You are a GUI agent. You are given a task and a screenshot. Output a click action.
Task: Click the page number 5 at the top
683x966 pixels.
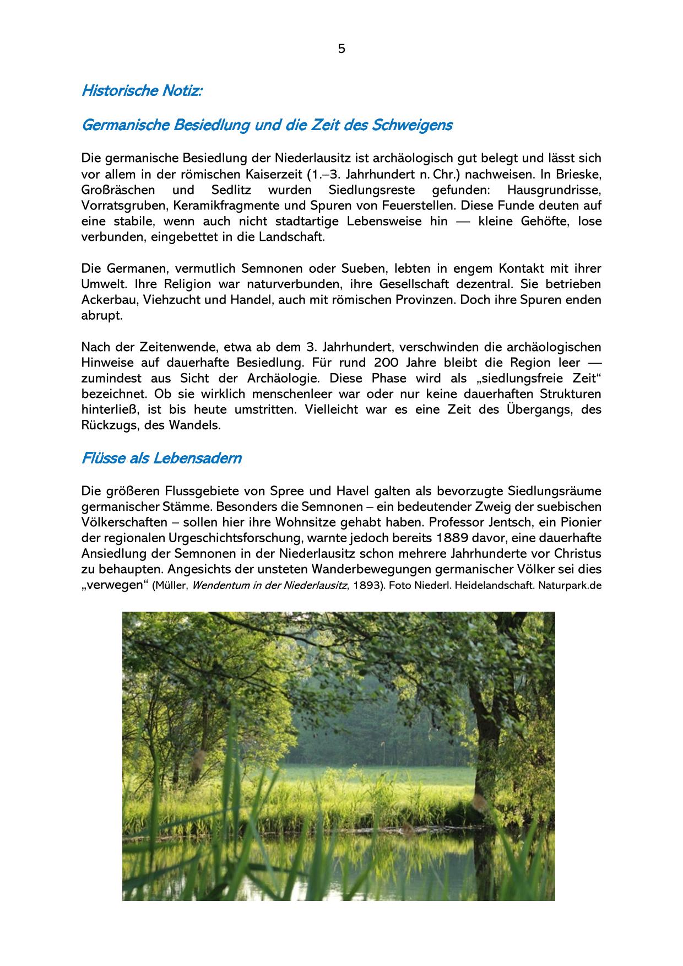click(341, 49)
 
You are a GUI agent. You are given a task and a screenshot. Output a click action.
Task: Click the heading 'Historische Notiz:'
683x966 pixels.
click(142, 91)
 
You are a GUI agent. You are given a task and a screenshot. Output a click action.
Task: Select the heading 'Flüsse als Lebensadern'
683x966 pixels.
click(161, 458)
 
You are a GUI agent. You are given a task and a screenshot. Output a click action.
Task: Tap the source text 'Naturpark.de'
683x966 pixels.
click(570, 586)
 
